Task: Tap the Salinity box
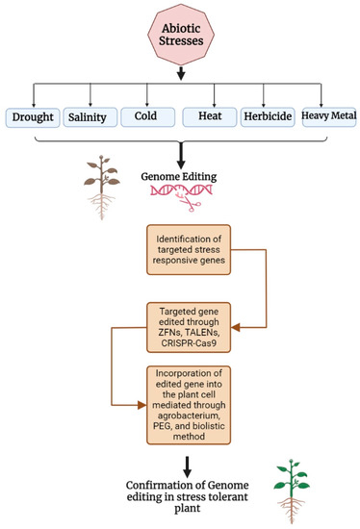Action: coord(92,118)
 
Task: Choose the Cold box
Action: coord(145,118)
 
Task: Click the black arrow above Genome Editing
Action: coord(180,154)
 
